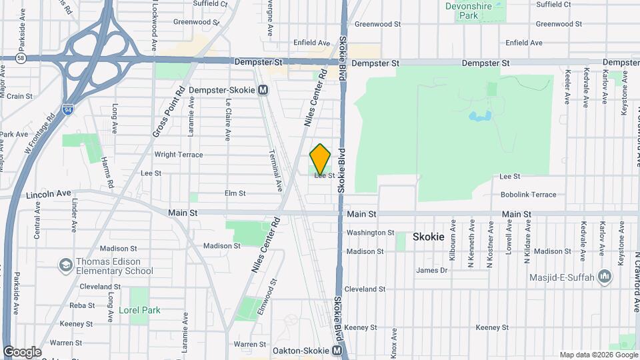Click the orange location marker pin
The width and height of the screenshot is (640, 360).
pyautogui.click(x=320, y=159)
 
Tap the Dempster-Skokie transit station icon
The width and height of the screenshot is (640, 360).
pyautogui.click(x=263, y=89)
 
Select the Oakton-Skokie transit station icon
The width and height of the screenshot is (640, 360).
pyautogui.click(x=337, y=350)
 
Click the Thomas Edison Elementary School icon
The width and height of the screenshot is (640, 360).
pyautogui.click(x=65, y=265)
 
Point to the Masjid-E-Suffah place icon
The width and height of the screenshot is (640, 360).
pyautogui.click(x=605, y=276)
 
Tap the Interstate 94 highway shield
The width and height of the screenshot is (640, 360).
pyautogui.click(x=67, y=109)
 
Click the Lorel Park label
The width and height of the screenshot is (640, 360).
pyautogui.click(x=139, y=310)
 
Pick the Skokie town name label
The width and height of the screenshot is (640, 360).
pyautogui.click(x=429, y=237)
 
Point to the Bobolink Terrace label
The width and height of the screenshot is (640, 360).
pyautogui.click(x=528, y=195)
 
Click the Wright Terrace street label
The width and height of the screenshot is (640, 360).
pyautogui.click(x=178, y=155)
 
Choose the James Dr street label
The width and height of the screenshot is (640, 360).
pyautogui.click(x=431, y=270)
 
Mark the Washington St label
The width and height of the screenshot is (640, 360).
pyautogui.click(x=371, y=233)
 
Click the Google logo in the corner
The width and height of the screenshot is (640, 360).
pyautogui.click(x=22, y=351)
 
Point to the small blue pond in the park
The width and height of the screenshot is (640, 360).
pyautogui.click(x=480, y=117)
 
